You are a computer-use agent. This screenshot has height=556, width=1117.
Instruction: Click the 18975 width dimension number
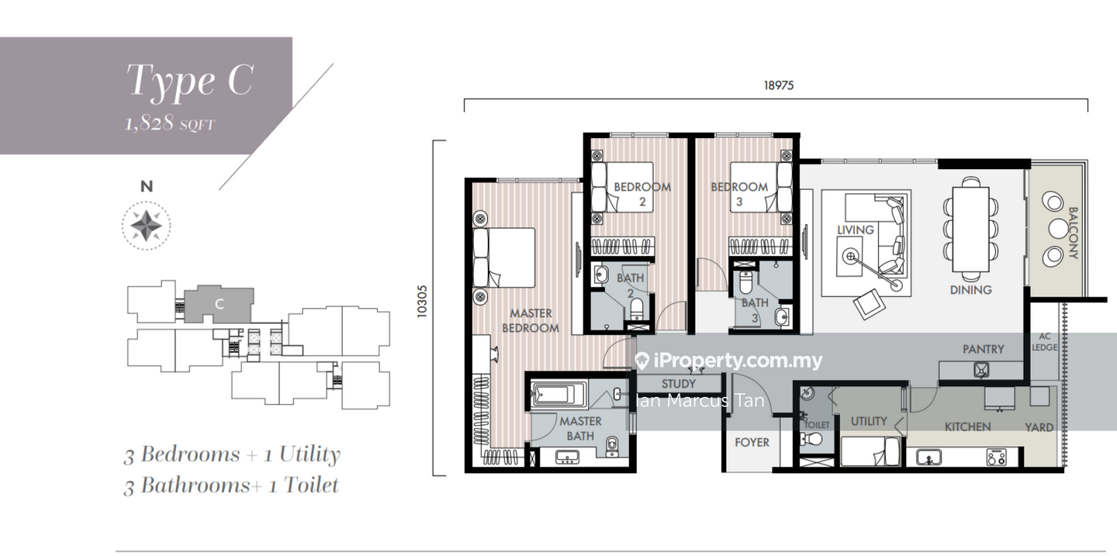pos(779,85)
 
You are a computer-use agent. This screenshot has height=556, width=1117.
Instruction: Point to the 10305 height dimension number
pos(422,301)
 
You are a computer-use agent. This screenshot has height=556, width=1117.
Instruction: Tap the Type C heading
pos(190,81)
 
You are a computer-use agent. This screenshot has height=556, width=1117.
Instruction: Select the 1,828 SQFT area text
pos(170,123)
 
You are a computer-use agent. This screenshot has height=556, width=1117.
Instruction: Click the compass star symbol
pos(146,226)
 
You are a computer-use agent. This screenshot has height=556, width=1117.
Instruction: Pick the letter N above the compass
pos(147,187)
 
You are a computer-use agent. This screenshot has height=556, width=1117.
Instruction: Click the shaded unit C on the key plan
pos(219,304)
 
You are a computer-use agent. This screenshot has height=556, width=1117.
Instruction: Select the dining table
pos(970,230)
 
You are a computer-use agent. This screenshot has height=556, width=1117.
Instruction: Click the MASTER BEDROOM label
pos(531,320)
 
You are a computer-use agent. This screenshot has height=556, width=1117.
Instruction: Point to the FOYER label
pos(752,442)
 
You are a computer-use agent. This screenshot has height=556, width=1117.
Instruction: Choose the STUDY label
pos(678,384)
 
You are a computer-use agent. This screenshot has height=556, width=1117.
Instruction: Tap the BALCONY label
pos(1073,233)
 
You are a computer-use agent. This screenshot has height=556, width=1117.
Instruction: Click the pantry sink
pos(981,369)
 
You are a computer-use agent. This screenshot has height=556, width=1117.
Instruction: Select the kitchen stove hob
pos(996,458)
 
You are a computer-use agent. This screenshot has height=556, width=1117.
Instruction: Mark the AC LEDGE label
pos(1045,342)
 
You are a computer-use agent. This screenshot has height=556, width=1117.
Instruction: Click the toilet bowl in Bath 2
pos(637,309)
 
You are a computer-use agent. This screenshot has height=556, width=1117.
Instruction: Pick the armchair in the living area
pos(869,303)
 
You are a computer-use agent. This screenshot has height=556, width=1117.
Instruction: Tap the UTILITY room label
pos(869,421)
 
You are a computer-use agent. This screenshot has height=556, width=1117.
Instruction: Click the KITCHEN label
pos(967,426)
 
